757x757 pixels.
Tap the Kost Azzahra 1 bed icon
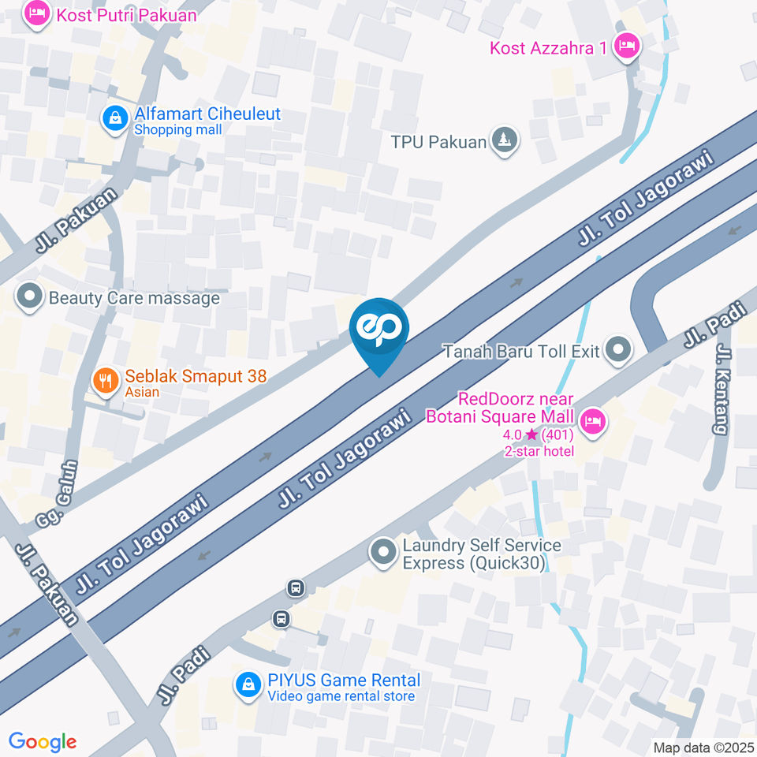click(x=627, y=45)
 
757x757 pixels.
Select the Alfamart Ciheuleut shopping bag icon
click(x=116, y=119)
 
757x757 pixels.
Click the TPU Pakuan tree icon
click(x=504, y=141)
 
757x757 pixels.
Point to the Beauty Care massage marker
click(x=30, y=297)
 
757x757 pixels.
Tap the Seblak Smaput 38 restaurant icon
click(x=104, y=382)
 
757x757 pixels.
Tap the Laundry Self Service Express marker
click(x=384, y=552)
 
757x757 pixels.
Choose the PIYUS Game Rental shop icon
click(x=248, y=684)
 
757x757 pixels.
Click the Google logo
click(x=42, y=741)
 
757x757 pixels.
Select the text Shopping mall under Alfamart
click(x=178, y=130)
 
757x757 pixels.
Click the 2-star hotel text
click(x=539, y=451)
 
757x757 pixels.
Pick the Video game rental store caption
click(x=341, y=695)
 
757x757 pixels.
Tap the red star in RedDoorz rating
click(x=532, y=434)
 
